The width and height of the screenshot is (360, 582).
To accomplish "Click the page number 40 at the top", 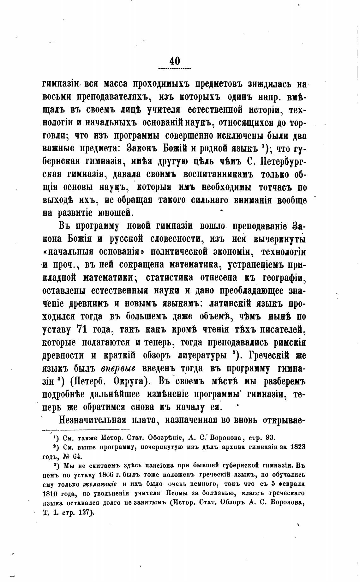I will click(175, 60).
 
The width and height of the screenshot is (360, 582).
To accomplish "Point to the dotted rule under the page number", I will click(175, 68).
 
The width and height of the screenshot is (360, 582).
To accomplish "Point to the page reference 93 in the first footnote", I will click(271, 438).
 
